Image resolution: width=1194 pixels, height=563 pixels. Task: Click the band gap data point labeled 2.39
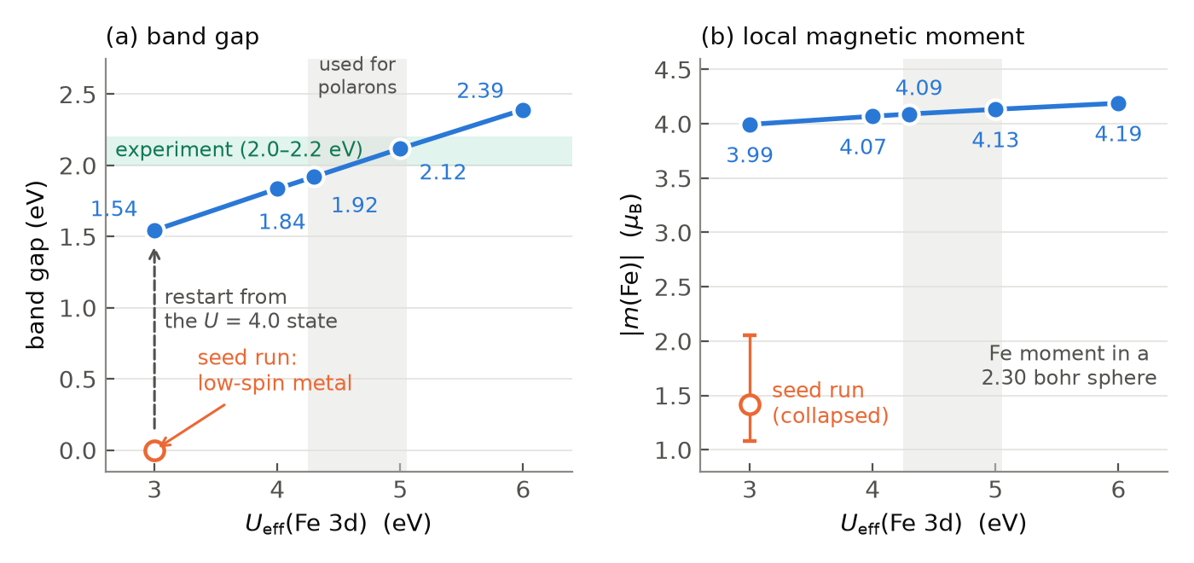tap(523, 110)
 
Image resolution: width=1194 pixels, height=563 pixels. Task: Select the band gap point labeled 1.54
tap(154, 231)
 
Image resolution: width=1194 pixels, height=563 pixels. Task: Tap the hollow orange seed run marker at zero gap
tap(154, 450)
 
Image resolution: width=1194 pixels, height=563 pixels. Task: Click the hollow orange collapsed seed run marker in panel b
tap(750, 404)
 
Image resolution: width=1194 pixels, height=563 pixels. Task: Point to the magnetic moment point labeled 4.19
tap(1118, 103)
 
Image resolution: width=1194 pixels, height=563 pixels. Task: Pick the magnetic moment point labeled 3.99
tap(750, 125)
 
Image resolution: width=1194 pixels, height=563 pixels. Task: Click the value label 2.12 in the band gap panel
tap(443, 172)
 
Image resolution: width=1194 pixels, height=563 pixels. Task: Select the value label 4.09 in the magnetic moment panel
tap(919, 87)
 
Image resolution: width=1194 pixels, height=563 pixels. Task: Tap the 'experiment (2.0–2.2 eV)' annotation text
tap(239, 149)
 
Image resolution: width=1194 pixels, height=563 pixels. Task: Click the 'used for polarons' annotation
tap(357, 76)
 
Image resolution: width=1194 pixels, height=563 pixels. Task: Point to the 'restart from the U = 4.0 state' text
tap(251, 309)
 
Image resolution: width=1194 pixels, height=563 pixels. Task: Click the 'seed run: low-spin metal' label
tap(275, 370)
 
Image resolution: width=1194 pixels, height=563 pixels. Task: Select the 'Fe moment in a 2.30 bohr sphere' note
tap(1069, 365)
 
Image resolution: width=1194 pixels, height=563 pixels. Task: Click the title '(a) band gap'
tap(183, 36)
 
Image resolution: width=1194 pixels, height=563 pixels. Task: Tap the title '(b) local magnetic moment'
tap(862, 36)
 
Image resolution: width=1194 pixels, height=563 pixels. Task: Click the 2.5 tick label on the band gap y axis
tap(78, 95)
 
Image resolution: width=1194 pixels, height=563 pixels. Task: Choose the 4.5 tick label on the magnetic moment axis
tap(672, 70)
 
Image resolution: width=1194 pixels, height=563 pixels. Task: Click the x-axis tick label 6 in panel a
tap(523, 490)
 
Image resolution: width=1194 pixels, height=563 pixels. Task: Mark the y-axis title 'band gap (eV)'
tap(36, 265)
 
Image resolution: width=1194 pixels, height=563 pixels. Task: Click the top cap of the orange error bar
tap(750, 335)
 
